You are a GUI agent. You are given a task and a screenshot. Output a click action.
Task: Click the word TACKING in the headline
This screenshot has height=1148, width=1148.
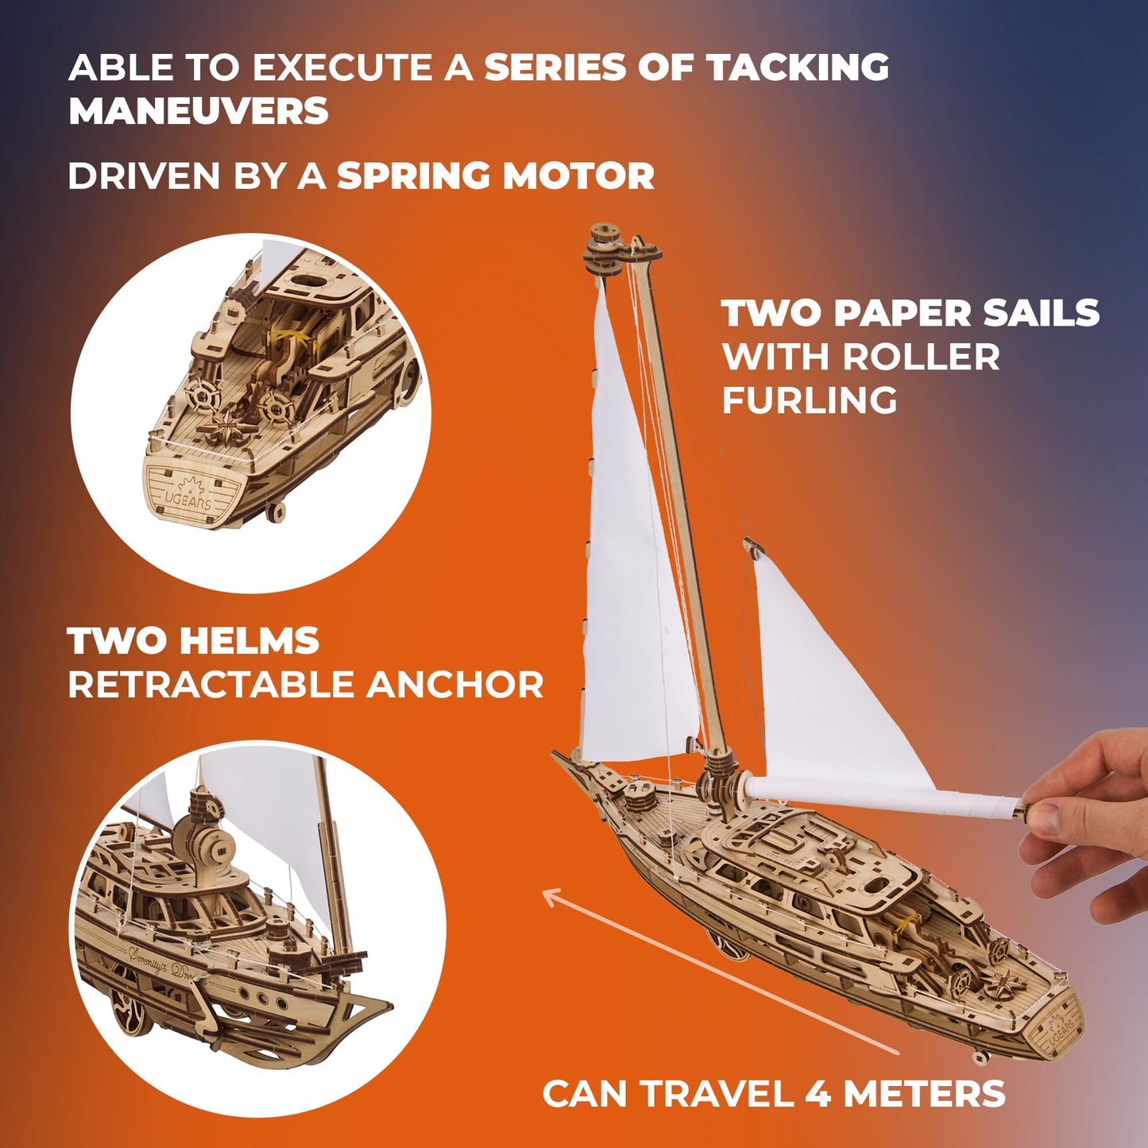coord(798,68)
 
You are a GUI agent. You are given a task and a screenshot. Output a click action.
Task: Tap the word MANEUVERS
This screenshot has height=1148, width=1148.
coord(199,111)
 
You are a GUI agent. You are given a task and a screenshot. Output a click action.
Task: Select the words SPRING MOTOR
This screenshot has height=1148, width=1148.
coord(495,176)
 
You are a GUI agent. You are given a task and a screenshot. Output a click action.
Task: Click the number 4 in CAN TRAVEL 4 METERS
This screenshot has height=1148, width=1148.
coord(819,1094)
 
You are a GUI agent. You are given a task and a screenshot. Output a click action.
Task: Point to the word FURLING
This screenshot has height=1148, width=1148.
coord(809,400)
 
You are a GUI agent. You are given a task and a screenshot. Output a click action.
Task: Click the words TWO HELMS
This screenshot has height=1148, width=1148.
coord(193,641)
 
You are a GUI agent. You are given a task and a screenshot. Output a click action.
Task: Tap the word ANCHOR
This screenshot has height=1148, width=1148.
coord(454,685)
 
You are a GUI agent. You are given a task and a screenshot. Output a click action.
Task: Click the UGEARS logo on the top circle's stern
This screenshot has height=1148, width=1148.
coord(188,493)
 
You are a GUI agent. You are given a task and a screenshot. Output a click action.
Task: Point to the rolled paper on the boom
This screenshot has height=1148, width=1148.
coord(882,796)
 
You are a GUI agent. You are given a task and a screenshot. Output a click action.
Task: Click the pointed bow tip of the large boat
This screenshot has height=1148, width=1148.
coord(556,756)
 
